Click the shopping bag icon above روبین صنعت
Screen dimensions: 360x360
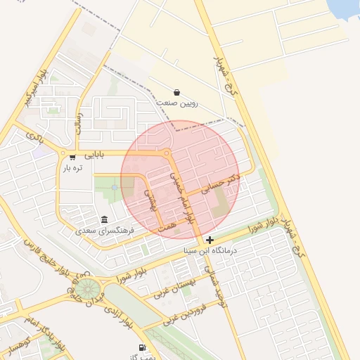(x=176, y=92)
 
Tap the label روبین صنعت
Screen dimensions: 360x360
(x=177, y=103)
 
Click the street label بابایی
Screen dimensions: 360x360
(x=94, y=153)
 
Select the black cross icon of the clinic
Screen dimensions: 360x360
(x=210, y=240)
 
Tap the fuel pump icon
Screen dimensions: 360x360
(x=143, y=347)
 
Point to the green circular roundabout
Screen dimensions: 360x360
(x=89, y=288)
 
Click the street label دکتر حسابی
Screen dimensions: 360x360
(x=220, y=184)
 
